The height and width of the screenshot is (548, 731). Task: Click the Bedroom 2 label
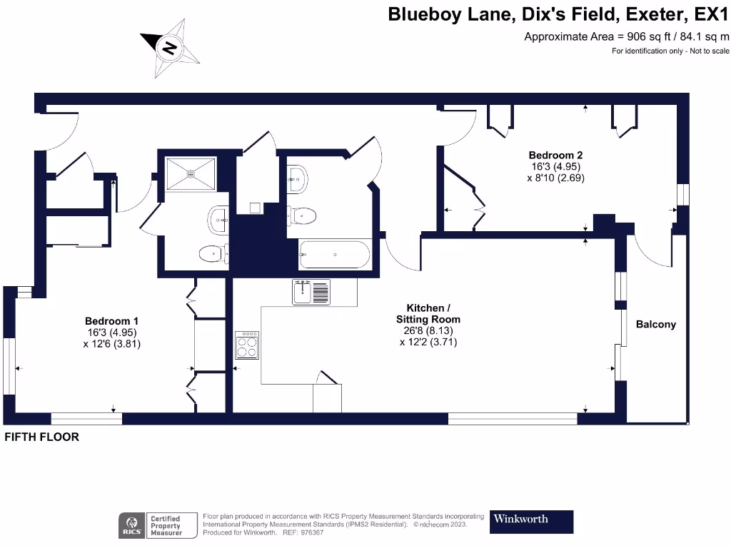point(551,155)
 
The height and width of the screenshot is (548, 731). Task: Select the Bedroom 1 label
point(111,321)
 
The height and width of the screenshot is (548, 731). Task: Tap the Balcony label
point(655,324)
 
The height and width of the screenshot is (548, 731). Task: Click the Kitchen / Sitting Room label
point(428,314)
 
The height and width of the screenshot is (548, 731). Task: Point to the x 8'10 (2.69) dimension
point(555,178)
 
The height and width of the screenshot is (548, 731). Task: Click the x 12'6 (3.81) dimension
point(111,344)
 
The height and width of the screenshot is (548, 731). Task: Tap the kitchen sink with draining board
point(311,292)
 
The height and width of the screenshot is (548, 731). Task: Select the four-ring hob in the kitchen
point(247,345)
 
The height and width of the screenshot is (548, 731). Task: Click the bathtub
point(334,255)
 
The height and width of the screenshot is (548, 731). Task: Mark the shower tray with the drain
point(190,173)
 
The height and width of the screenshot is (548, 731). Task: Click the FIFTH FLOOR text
point(41,437)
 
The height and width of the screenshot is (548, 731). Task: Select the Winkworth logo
point(531,521)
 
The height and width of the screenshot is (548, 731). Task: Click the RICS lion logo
point(132,525)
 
